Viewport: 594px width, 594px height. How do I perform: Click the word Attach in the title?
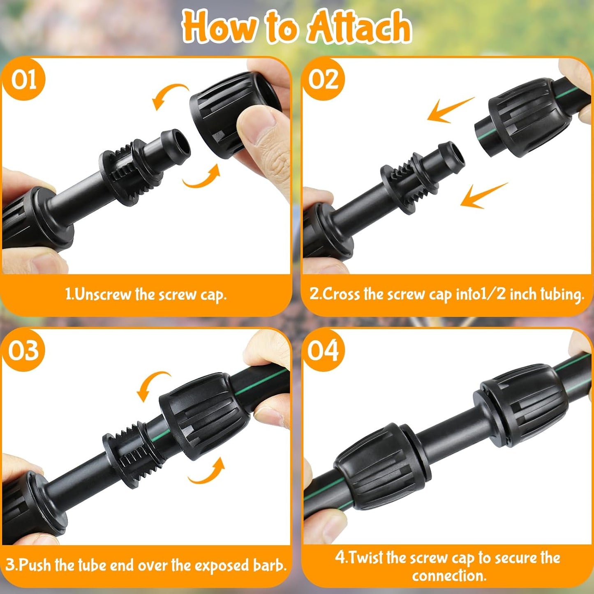(359, 27)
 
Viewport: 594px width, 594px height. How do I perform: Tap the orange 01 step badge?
(23, 79)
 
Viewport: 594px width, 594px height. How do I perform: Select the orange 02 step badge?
(323, 79)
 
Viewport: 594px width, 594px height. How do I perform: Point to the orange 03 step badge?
(23, 351)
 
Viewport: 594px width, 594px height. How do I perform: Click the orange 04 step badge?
(323, 351)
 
